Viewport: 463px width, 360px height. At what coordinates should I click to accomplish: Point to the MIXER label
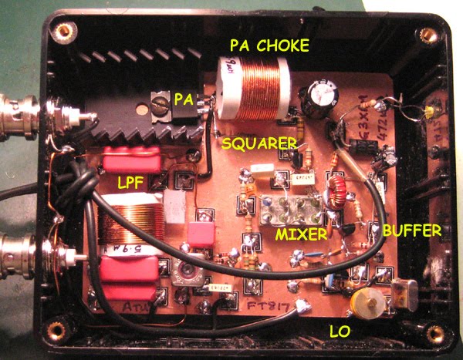coord(300,232)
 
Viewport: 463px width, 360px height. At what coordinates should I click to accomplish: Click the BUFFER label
coord(411,230)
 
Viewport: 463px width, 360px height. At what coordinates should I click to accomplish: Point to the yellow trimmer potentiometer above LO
coord(362,301)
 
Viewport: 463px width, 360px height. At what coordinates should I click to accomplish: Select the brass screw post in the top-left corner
coord(64,33)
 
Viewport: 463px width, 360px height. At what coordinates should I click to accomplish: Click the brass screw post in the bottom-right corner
coord(436,334)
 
